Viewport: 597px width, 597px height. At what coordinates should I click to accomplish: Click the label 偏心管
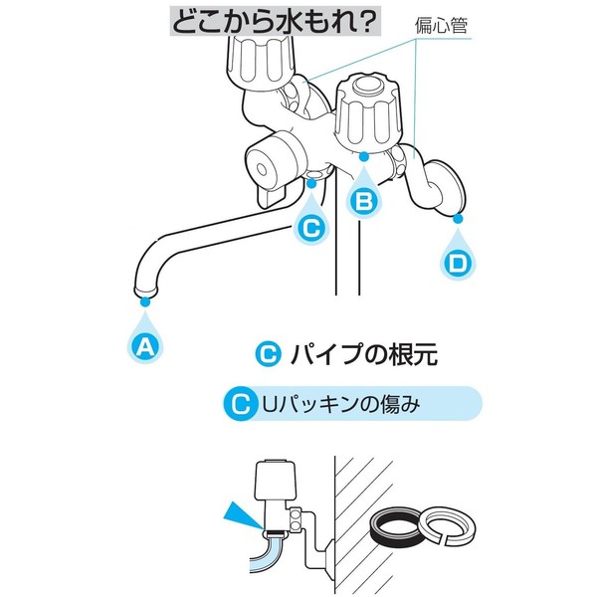click(441, 26)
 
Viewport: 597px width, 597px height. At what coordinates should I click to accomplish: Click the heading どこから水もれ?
click(275, 22)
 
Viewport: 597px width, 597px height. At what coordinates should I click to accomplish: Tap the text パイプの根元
click(364, 354)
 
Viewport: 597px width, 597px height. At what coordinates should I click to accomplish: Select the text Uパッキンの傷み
click(341, 404)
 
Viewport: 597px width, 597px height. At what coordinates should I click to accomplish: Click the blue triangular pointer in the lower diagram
click(243, 515)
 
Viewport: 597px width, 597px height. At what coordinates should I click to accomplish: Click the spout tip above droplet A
click(146, 292)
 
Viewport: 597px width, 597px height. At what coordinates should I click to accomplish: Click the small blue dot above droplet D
click(458, 218)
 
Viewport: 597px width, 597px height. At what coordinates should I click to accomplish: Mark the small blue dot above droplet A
click(145, 301)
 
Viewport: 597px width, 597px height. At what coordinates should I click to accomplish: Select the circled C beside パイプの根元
click(268, 354)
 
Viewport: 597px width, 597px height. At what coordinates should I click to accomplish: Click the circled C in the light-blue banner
click(240, 404)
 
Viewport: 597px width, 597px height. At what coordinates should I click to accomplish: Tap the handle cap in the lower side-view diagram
click(276, 481)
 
